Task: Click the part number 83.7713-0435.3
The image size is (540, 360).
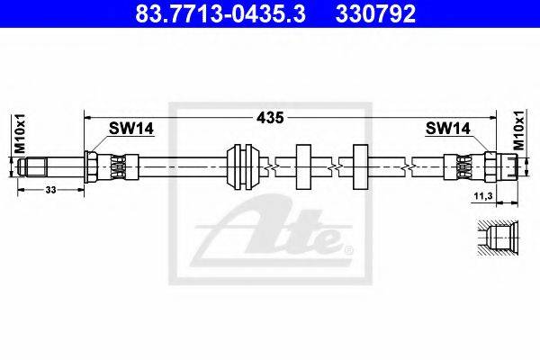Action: tap(220, 13)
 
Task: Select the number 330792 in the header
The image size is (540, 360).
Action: tap(375, 13)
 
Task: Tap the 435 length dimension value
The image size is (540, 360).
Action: tap(270, 118)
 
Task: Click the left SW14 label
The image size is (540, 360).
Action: tap(131, 129)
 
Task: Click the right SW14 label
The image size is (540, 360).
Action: tap(447, 129)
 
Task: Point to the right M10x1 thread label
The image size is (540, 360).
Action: tap(519, 130)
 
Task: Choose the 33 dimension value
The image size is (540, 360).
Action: tap(50, 190)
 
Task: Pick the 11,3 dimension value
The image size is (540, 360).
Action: tap(483, 196)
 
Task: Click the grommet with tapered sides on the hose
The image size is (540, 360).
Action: tap(243, 167)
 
